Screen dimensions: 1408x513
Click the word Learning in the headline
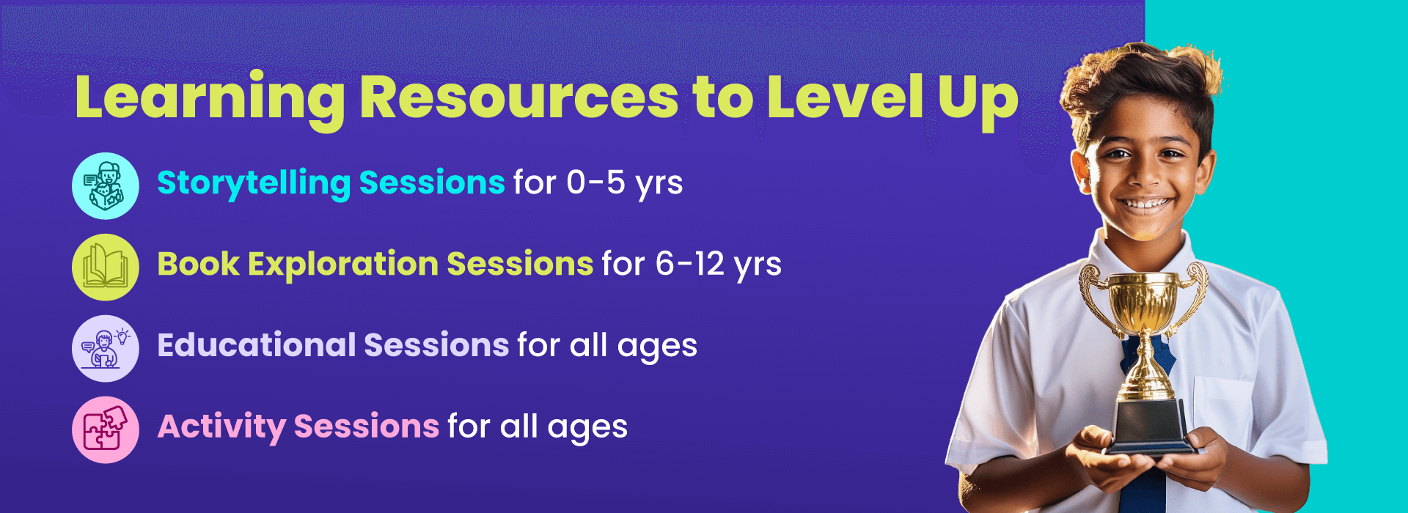[210, 100]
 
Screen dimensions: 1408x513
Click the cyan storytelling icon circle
[106, 186]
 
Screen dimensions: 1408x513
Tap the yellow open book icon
[106, 267]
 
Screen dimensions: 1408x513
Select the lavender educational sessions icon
[106, 349]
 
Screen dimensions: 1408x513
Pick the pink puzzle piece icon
[106, 430]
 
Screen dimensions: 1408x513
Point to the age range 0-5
[595, 182]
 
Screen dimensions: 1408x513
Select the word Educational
[256, 345]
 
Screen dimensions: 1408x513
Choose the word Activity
[221, 427]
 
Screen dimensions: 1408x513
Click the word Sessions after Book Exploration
[520, 265]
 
